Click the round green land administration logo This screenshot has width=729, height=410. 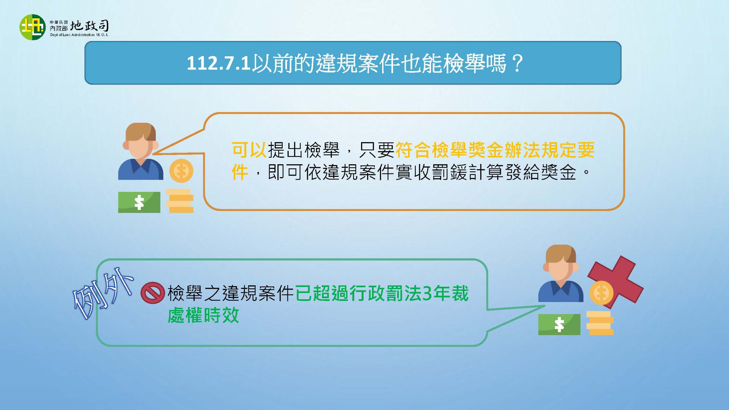coord(32,27)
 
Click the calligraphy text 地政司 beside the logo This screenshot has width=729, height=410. coord(89,26)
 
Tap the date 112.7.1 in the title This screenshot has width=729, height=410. coord(218,63)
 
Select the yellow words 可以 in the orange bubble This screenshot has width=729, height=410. coord(249,150)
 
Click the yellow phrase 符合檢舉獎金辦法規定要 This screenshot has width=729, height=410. coord(495,150)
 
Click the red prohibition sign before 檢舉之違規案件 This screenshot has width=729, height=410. coord(153,293)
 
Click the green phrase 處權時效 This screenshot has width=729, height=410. coord(203,315)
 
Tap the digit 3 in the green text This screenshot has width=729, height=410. coord(427,294)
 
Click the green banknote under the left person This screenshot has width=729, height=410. coord(139,202)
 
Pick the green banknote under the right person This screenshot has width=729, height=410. coord(559,324)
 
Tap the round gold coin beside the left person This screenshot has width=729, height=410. coord(181,171)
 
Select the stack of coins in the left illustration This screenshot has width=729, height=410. coord(180,201)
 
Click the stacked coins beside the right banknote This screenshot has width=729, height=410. coord(600,323)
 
